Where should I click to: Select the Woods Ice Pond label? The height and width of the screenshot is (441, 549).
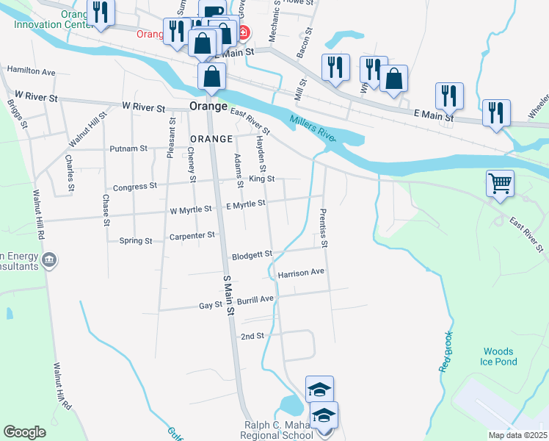pyautogui.click(x=499, y=357)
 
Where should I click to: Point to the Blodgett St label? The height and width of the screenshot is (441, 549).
pyautogui.click(x=252, y=256)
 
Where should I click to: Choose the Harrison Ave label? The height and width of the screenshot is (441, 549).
pyautogui.click(x=301, y=273)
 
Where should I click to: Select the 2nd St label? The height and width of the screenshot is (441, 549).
pyautogui.click(x=252, y=336)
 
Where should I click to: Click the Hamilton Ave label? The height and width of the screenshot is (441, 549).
pyautogui.click(x=32, y=72)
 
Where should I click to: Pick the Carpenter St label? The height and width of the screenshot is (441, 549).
pyautogui.click(x=192, y=235)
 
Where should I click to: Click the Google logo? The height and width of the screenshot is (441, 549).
pyautogui.click(x=25, y=432)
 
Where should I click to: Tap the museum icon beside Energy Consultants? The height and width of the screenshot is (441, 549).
pyautogui.click(x=50, y=259)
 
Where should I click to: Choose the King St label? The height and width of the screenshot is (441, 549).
pyautogui.click(x=261, y=179)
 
